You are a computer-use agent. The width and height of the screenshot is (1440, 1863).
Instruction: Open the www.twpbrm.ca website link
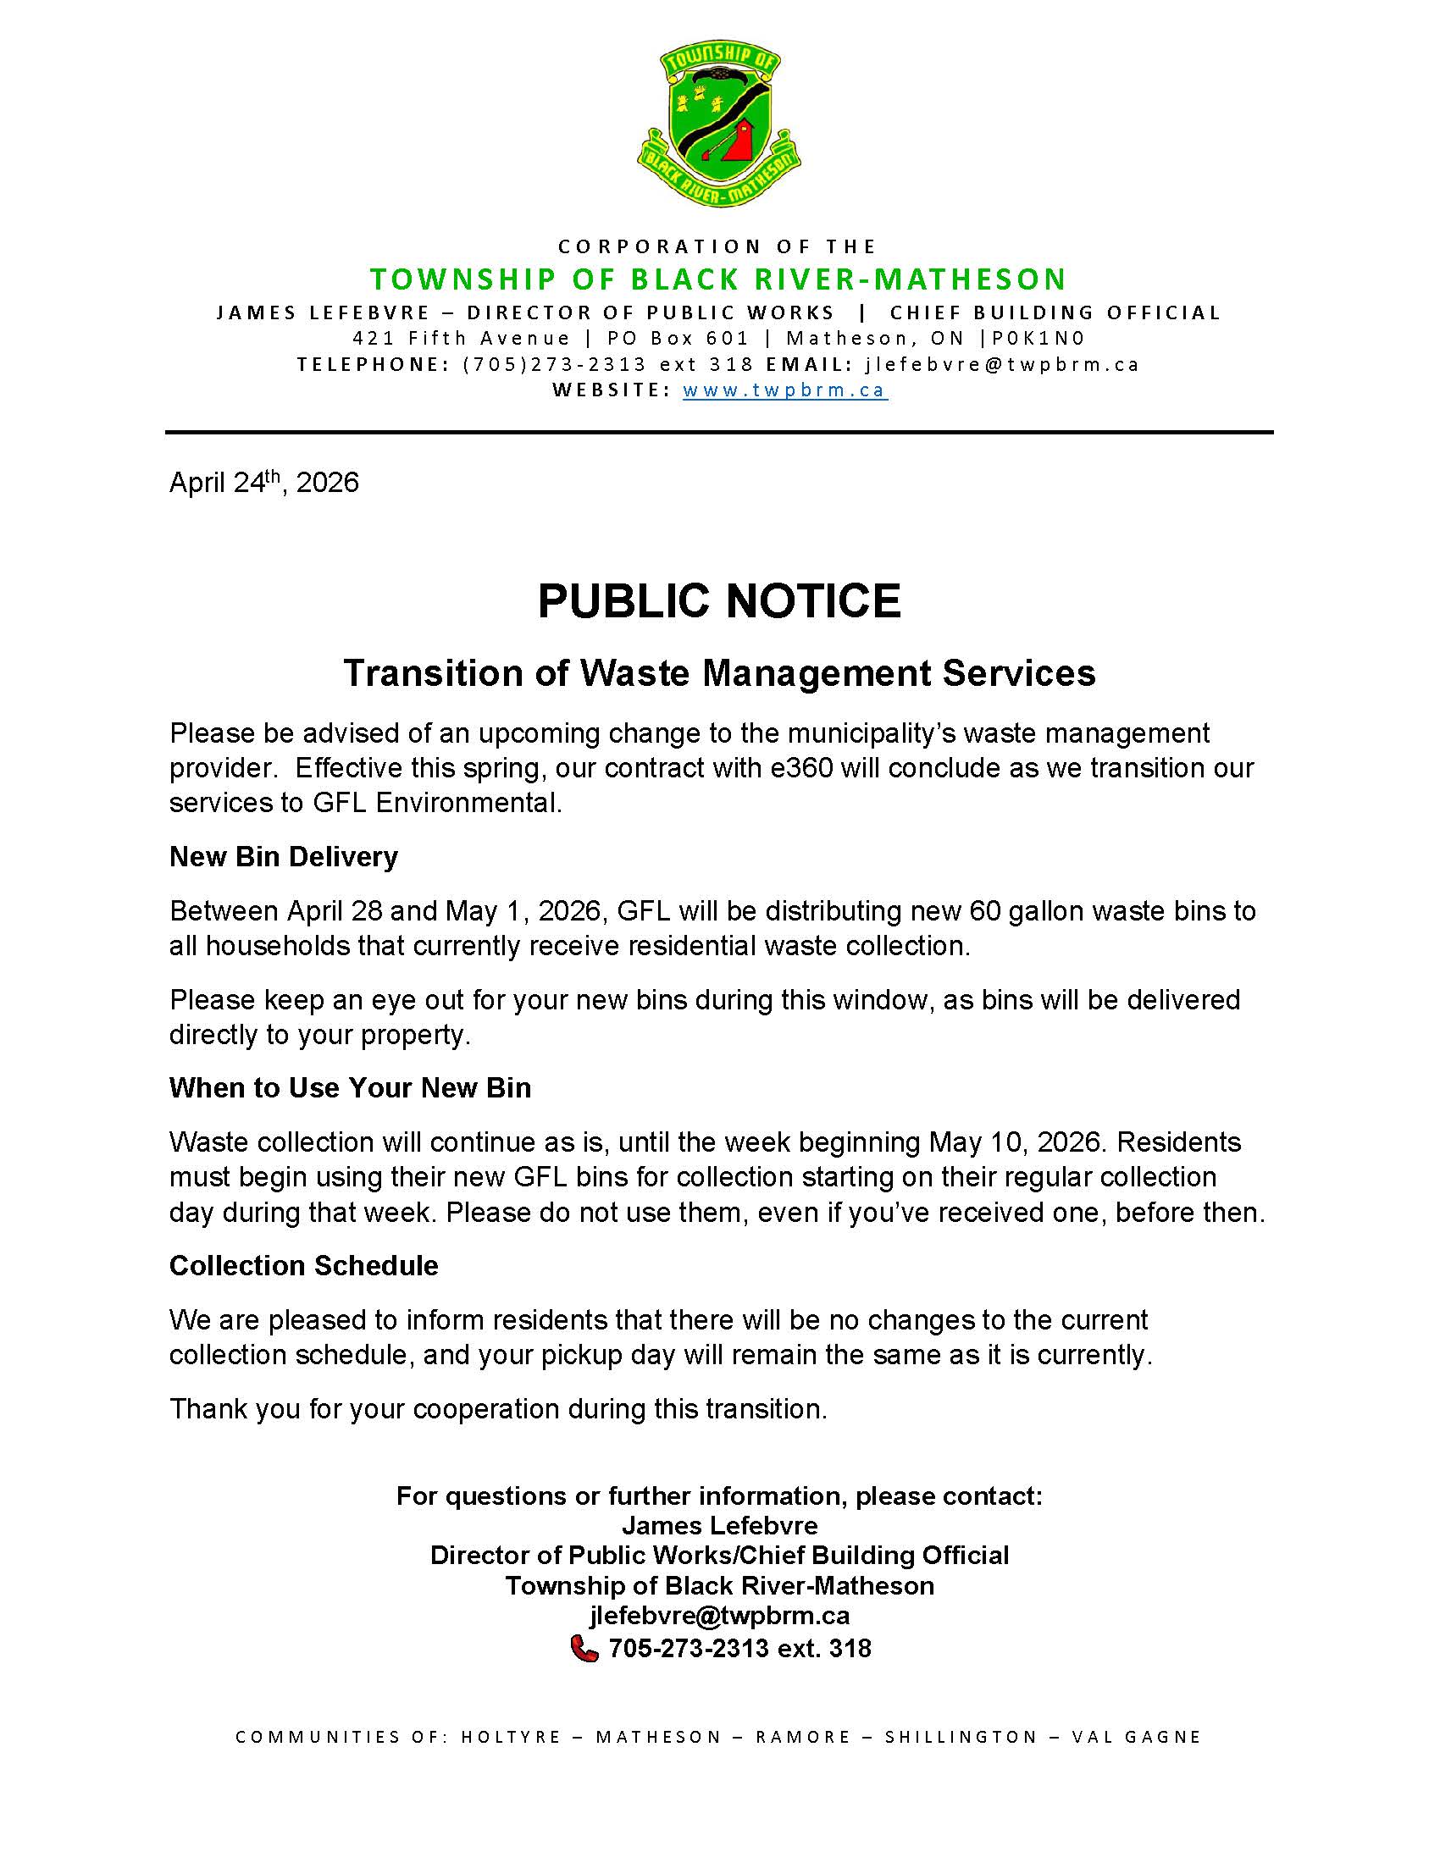click(x=785, y=390)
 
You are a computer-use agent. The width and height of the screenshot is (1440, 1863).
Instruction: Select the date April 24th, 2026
click(x=263, y=483)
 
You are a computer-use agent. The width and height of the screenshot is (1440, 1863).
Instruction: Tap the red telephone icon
click(x=584, y=1648)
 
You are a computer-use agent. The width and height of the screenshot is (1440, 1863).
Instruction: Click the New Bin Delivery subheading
click(x=283, y=856)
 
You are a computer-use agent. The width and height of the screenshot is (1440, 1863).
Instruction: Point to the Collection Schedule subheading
click(x=304, y=1265)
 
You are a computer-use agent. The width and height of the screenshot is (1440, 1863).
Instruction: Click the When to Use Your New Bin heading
click(x=350, y=1087)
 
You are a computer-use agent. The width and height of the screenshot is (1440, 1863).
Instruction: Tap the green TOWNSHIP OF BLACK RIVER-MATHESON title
click(x=719, y=279)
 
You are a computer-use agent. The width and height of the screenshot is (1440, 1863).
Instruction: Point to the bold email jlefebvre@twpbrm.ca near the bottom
click(x=719, y=1616)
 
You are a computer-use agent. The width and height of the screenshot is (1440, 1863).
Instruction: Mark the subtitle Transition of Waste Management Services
click(x=719, y=673)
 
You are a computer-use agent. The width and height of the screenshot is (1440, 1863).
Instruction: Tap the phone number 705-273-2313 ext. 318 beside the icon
click(x=739, y=1648)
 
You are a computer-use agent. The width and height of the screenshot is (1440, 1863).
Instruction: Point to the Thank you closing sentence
click(x=498, y=1408)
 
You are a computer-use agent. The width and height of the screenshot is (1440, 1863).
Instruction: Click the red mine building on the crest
click(x=739, y=140)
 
